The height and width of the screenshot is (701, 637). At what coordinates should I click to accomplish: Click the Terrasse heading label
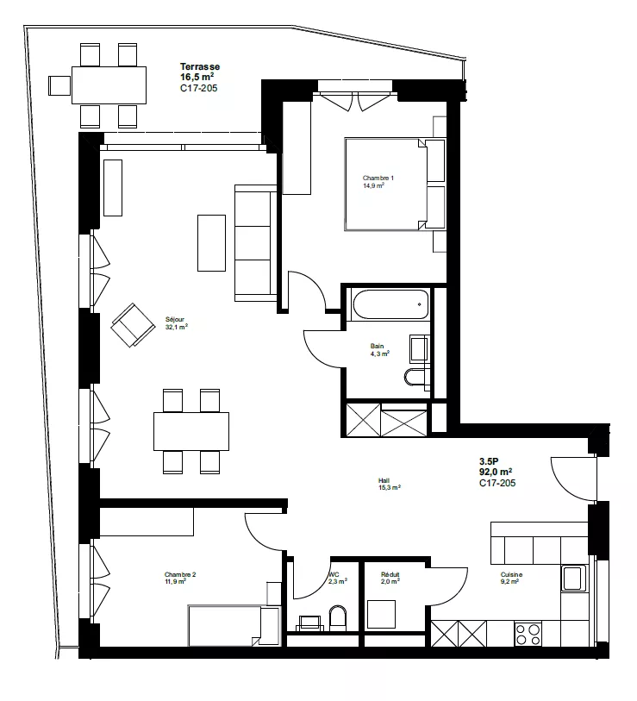(200, 66)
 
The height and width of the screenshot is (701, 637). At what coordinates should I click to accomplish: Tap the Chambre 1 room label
(378, 178)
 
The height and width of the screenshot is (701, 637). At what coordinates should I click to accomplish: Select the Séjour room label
(174, 320)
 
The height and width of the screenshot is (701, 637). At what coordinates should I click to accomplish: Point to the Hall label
(384, 480)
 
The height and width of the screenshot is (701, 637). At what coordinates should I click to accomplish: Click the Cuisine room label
(511, 575)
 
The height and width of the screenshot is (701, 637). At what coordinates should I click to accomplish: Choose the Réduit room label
(390, 574)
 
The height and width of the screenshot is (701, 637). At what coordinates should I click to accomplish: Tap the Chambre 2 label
(180, 574)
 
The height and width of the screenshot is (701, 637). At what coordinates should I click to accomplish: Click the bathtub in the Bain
(390, 304)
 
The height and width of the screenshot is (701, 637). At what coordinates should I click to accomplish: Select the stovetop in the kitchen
(528, 634)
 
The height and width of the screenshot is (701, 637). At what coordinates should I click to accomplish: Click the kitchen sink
(574, 578)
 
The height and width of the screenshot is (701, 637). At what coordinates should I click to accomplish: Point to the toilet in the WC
(338, 618)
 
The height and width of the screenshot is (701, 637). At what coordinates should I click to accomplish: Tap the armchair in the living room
(133, 325)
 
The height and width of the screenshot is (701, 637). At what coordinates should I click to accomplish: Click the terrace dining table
(109, 85)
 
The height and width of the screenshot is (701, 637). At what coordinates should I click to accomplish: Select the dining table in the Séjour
(191, 431)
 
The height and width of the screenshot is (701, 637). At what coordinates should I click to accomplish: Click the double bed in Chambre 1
(395, 185)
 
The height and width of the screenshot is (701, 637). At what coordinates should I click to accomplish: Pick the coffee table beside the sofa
(211, 243)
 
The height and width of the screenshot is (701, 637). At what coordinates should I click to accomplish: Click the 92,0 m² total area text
(496, 472)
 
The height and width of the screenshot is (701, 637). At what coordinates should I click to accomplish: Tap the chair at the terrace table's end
(59, 85)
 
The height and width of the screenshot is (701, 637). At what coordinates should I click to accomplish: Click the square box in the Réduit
(381, 614)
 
